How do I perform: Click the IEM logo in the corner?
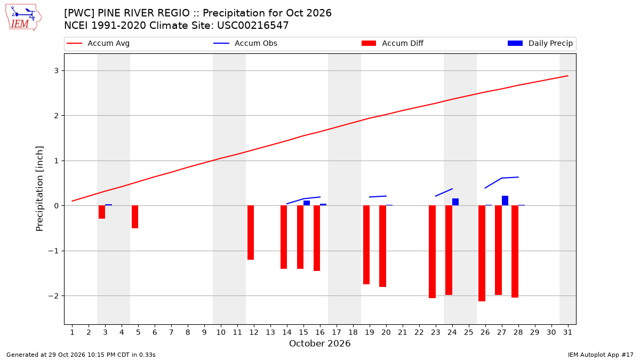pyautogui.click(x=23, y=18)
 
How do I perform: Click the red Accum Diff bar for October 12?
pyautogui.click(x=251, y=233)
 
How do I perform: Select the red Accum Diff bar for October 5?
pyautogui.click(x=135, y=217)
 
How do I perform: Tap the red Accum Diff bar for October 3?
pyautogui.click(x=102, y=212)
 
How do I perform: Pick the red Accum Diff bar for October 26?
pyautogui.click(x=482, y=253)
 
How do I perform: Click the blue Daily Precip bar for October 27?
pyautogui.click(x=505, y=201)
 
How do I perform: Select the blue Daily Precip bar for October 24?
pyautogui.click(x=455, y=202)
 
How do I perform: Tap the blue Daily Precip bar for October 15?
pyautogui.click(x=307, y=203)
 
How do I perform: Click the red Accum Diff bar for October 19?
pyautogui.click(x=366, y=245)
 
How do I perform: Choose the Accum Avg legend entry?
pyautogui.click(x=98, y=43)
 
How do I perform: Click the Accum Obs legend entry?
pyautogui.click(x=245, y=43)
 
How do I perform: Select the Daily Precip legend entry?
pyautogui.click(x=540, y=43)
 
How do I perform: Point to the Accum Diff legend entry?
pyautogui.click(x=393, y=43)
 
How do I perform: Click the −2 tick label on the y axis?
pyautogui.click(x=53, y=295)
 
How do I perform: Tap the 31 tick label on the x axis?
pyautogui.click(x=567, y=332)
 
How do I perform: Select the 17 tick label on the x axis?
pyautogui.click(x=337, y=332)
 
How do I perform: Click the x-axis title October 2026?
pyautogui.click(x=319, y=343)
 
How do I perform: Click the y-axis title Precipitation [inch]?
pyautogui.click(x=39, y=189)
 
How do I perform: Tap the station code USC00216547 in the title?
pyautogui.click(x=253, y=26)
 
